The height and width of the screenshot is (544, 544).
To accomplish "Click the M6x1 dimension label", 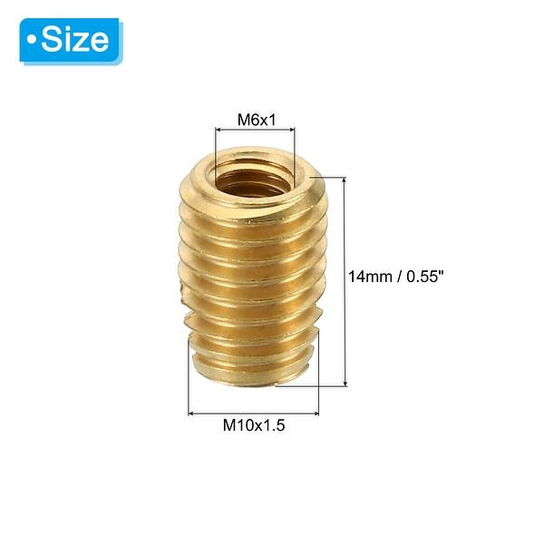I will click(256, 119).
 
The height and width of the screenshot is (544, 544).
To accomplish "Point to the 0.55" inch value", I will click(424, 276).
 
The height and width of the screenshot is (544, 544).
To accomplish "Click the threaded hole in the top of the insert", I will click(255, 171).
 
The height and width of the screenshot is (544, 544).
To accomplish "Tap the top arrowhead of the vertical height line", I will click(345, 180).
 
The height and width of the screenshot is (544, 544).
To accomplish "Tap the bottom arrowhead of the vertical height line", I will click(345, 384).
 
